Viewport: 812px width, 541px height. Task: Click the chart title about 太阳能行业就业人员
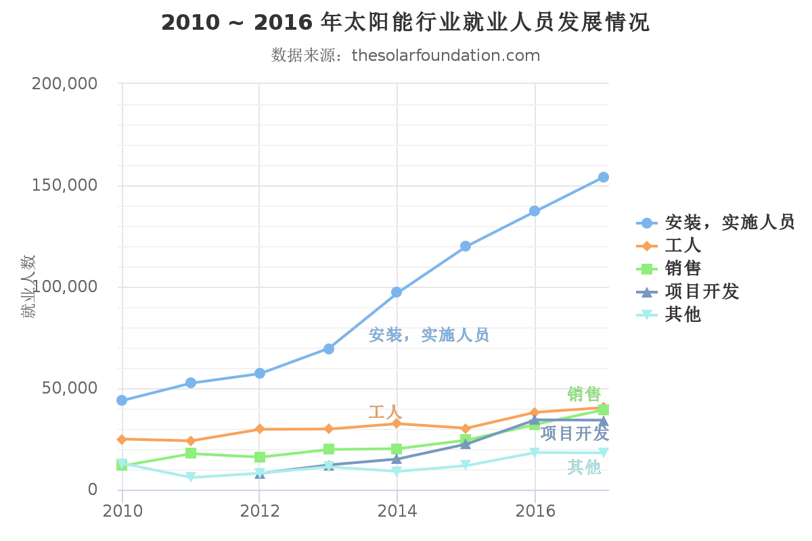[405, 23]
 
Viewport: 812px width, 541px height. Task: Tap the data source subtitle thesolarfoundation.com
[405, 55]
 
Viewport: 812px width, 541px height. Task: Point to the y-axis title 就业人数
[28, 286]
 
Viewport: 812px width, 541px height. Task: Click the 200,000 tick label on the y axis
[65, 84]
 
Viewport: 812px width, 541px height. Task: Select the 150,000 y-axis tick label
[65, 185]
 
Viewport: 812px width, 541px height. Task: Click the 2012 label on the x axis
[260, 511]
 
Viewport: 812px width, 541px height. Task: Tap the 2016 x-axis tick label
[535, 511]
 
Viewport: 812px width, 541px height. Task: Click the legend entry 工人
[683, 245]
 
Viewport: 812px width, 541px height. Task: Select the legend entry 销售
[683, 268]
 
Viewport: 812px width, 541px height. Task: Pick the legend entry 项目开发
[702, 291]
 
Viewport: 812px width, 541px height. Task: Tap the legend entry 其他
[683, 314]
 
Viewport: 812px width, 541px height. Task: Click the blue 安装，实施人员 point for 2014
[397, 292]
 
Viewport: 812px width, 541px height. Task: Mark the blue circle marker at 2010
[122, 400]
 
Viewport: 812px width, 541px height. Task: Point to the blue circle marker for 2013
[328, 349]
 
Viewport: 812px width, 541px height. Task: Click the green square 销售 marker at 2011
[191, 453]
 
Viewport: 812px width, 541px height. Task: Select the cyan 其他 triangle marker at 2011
[191, 477]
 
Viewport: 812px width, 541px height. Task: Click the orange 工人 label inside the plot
[385, 412]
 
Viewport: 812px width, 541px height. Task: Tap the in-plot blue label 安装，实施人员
[429, 335]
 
